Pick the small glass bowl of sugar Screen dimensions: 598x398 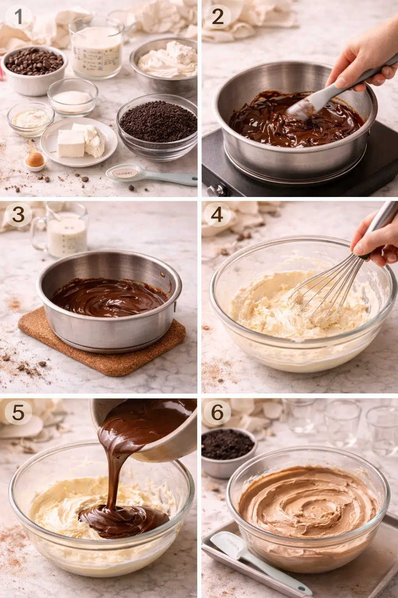(73, 95)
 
